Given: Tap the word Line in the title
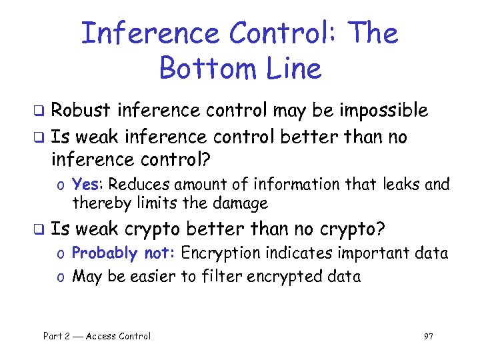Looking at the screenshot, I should click(x=294, y=68).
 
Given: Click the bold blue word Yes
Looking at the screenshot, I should click(x=85, y=184).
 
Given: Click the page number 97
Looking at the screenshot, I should click(x=428, y=336).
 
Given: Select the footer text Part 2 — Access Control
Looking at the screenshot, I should click(x=97, y=336).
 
